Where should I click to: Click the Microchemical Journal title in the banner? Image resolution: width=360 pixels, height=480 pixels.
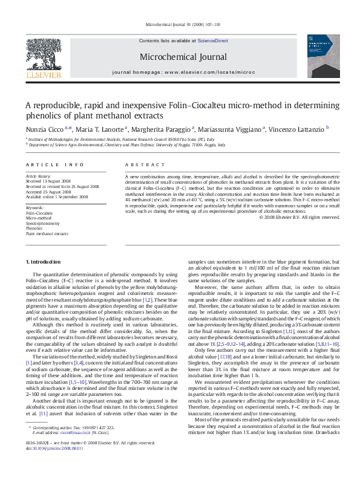coord(180,57)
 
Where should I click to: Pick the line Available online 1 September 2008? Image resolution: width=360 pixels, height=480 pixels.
coord(57,196)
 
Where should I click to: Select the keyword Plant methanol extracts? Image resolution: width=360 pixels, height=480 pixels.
coord(47,233)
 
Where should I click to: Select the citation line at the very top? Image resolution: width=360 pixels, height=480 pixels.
coord(180,25)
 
